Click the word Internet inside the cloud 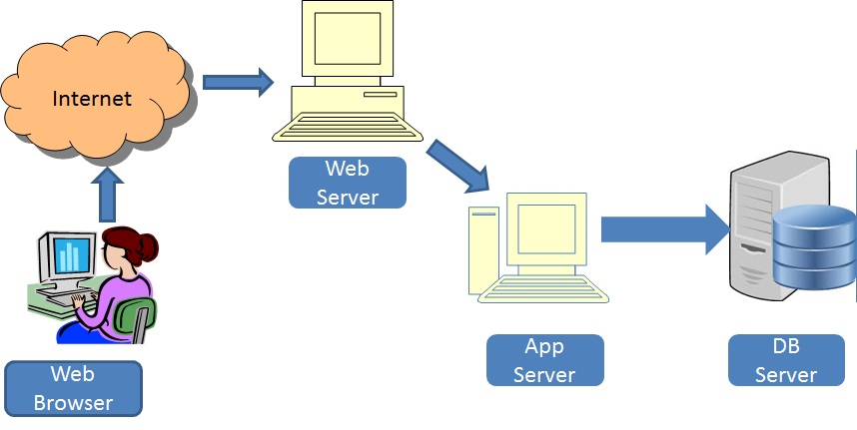92,99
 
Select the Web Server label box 348,183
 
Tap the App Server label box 545,360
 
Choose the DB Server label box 786,360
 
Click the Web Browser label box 74,388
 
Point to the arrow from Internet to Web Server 238,82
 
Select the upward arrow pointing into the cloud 107,195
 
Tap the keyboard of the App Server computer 545,292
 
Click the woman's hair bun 151,243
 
